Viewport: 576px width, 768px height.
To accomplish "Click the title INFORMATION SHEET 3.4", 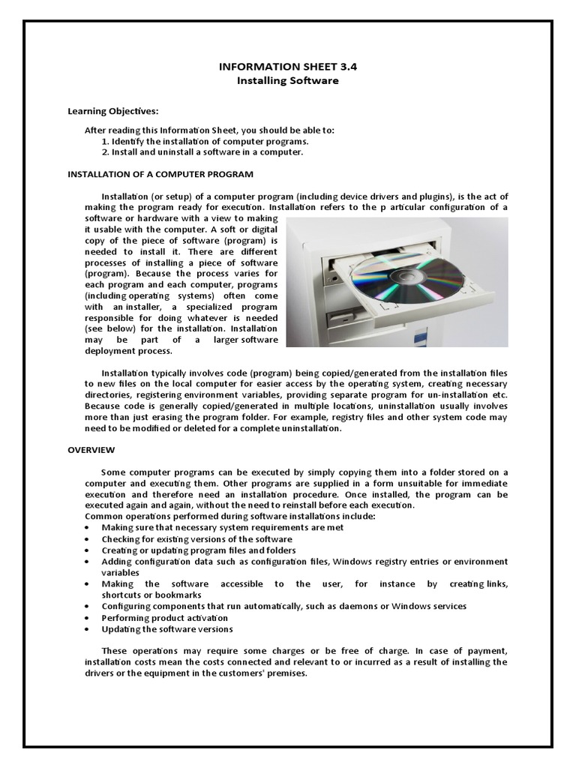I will point(288,66).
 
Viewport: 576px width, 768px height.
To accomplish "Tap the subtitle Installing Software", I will point(288,80).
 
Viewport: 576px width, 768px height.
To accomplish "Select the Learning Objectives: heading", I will point(113,111).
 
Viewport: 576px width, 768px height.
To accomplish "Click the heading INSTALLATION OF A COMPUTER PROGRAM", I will point(160,174).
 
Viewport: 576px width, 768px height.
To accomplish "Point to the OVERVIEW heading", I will point(91,450).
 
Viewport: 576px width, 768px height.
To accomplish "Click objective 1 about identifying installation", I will point(205,141).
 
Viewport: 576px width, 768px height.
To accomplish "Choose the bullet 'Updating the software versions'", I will point(167,628).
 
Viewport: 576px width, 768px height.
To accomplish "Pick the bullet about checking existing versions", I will point(197,538).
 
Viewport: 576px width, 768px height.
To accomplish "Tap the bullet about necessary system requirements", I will point(212,527).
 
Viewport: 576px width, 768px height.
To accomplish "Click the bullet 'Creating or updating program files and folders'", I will point(199,550).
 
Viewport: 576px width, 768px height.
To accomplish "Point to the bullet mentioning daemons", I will point(284,605).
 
